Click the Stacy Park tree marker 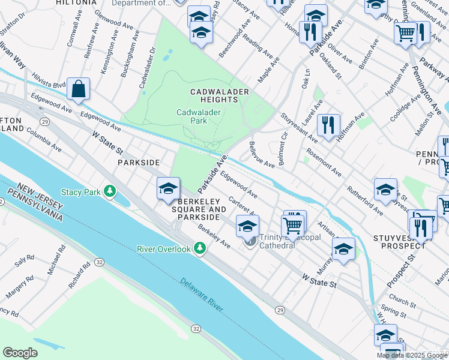click(109, 191)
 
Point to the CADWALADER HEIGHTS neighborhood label click(219, 96)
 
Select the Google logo click(20, 352)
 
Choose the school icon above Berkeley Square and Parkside click(169, 189)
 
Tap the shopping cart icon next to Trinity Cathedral click(293, 226)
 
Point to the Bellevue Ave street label click(261, 155)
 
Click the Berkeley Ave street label click(214, 238)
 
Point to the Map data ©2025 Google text click(412, 355)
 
